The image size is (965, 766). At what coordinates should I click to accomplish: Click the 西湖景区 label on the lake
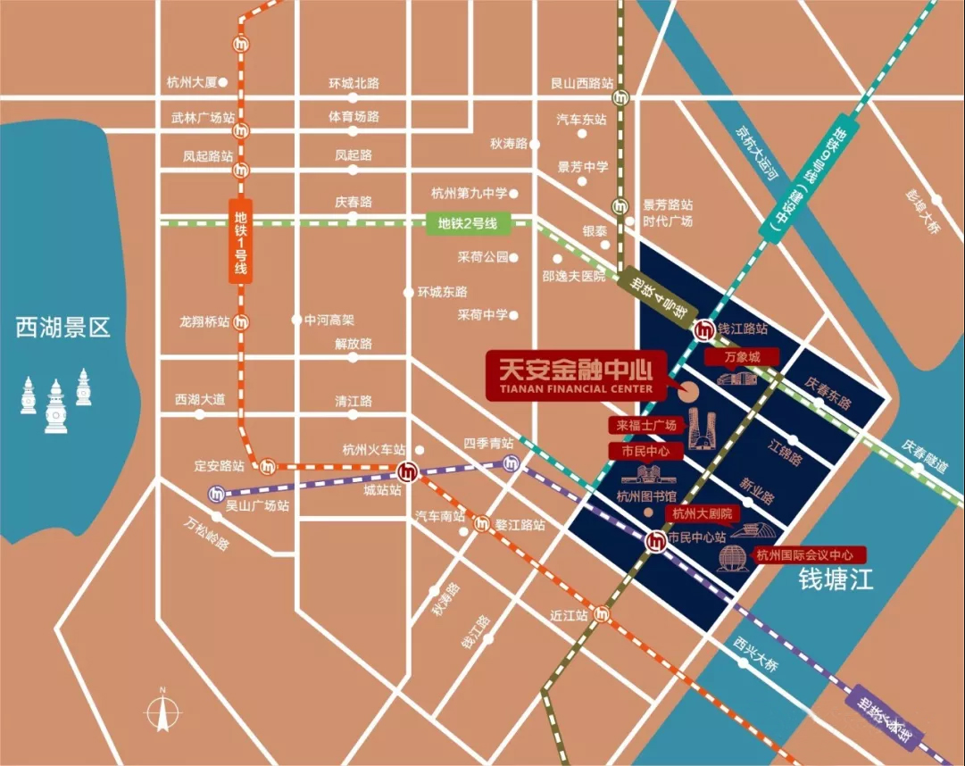click(62, 328)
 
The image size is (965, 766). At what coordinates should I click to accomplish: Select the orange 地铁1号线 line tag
click(239, 242)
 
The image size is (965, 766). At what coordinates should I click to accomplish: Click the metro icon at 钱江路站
click(704, 329)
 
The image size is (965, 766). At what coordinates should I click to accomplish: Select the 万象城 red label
click(741, 357)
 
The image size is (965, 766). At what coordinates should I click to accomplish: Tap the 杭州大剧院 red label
click(702, 513)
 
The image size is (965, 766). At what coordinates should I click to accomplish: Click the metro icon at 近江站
click(604, 615)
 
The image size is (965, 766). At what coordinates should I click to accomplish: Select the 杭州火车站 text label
click(373, 449)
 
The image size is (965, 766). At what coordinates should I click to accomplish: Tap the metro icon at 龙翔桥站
click(241, 322)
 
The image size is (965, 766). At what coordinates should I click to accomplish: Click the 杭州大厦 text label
click(192, 82)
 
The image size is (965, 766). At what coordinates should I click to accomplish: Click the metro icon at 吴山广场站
click(216, 493)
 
